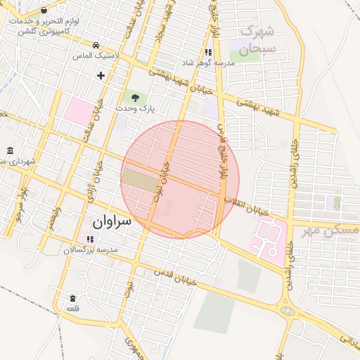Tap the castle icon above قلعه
(73, 297)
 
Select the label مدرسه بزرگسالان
(90, 250)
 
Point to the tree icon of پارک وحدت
(134, 98)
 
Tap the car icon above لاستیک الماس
(96, 43)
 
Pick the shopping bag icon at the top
(44, 11)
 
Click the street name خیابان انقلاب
(246, 206)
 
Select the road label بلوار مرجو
(23, 202)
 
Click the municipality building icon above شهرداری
(9, 151)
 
